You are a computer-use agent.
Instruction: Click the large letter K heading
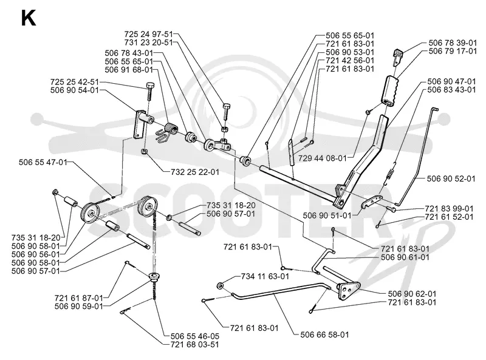coord(28,18)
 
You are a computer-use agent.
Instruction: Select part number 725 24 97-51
coord(148,34)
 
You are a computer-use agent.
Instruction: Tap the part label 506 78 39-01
coord(453,42)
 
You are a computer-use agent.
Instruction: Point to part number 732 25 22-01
coord(195,172)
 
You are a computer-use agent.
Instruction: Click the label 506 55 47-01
coord(43,162)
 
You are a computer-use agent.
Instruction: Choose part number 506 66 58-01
coord(324,335)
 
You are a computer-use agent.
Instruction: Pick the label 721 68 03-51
coord(194,344)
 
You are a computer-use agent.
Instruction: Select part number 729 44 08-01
coord(323,158)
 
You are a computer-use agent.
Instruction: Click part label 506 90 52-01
coord(451,178)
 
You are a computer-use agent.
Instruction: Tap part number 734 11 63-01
coord(265,276)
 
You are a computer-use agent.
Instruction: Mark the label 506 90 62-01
coord(412,294)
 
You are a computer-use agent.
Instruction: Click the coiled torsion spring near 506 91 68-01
coord(168,131)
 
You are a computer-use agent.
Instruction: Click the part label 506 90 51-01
coord(327,216)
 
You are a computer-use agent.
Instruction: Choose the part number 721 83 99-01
coord(450,209)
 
